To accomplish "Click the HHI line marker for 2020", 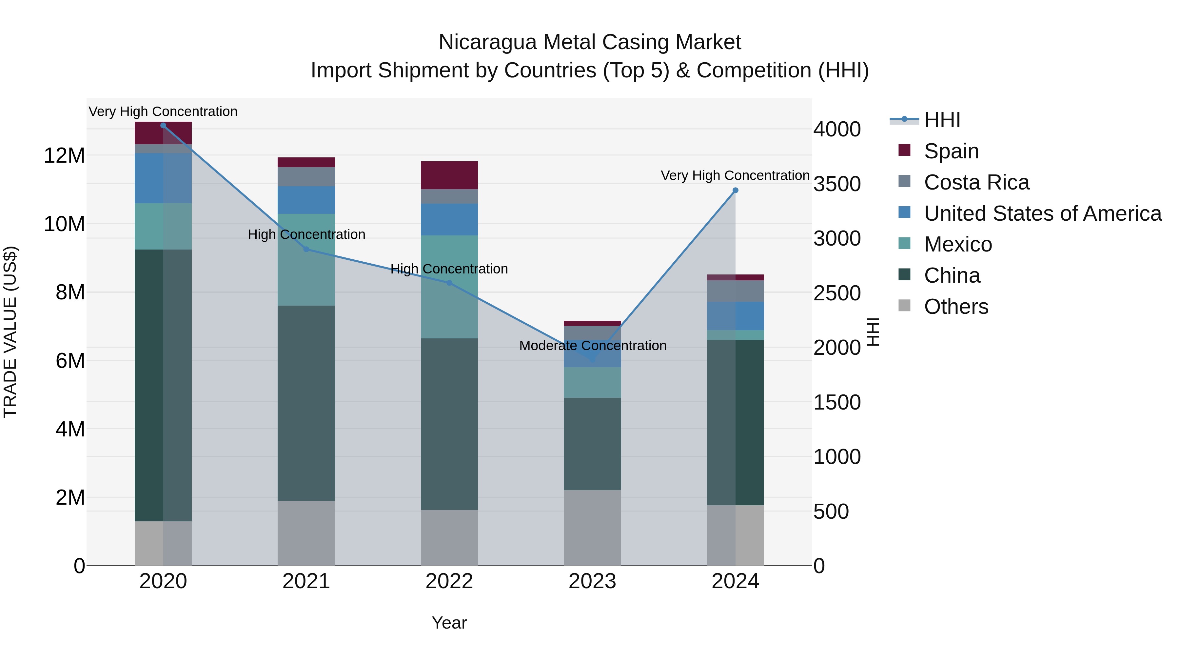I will coord(163,126).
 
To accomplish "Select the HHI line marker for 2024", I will coord(735,190).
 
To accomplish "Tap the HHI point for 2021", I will coord(306,249).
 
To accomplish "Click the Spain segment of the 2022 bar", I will coord(449,175).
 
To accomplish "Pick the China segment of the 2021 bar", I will coord(306,403).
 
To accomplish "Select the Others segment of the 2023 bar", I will coord(592,528).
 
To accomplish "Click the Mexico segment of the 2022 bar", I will coord(449,287).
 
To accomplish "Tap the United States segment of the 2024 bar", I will coord(735,316).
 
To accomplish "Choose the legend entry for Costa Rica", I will coord(976,182).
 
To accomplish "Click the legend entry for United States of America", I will coord(1042,213).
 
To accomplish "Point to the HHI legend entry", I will coord(941,120).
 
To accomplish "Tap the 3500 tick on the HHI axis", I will coord(836,184).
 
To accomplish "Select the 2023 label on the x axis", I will coord(592,581).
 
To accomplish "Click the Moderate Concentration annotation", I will coord(592,346).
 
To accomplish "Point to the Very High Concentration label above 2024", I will coord(735,175).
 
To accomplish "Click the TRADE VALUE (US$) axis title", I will coord(10,332).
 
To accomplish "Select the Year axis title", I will coord(449,623).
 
